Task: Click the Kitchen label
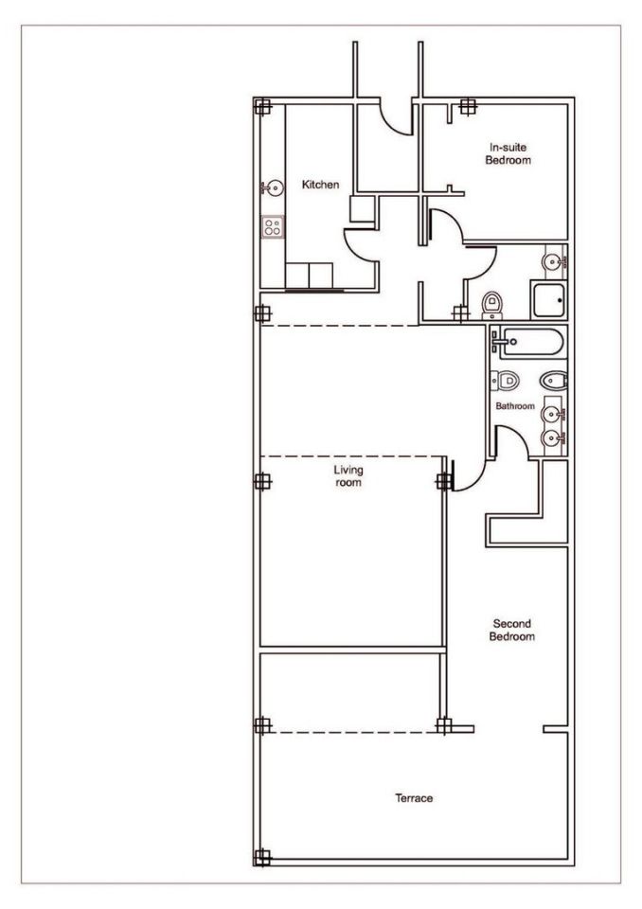[320, 185]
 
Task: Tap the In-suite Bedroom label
[508, 153]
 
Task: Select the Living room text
[348, 476]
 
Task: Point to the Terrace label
[414, 797]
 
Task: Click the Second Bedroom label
[511, 631]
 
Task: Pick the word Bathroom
[515, 406]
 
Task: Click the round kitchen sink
[272, 187]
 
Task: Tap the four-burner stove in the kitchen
[273, 226]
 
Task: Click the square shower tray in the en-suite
[548, 299]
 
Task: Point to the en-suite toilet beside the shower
[491, 305]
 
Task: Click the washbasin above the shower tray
[554, 261]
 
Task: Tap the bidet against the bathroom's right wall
[553, 381]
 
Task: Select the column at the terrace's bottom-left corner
[262, 858]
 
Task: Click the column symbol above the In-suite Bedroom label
[468, 107]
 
